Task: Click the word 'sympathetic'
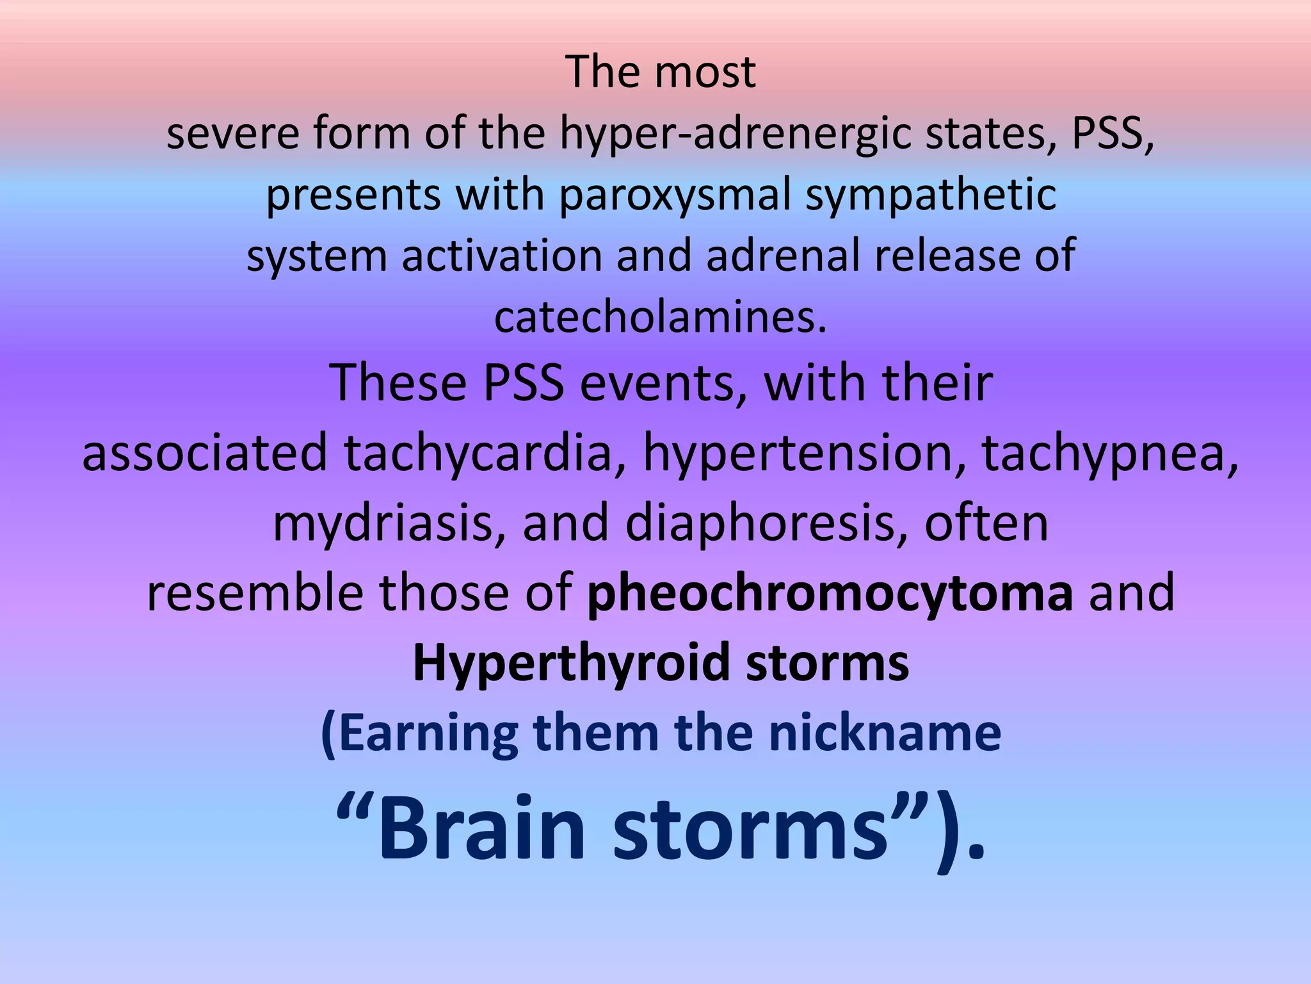click(x=930, y=196)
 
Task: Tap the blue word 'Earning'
click(x=420, y=734)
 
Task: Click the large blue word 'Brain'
click(x=483, y=828)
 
